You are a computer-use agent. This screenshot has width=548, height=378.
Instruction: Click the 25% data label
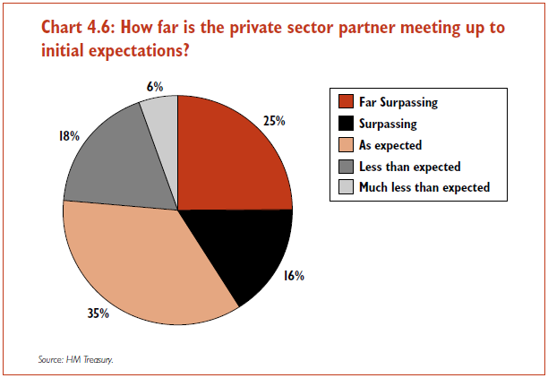[x=274, y=119]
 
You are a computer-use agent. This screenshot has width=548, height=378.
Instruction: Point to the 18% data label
[x=43, y=136]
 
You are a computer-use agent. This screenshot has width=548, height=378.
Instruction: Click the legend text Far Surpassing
[x=398, y=102]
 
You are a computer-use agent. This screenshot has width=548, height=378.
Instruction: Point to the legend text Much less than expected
[x=424, y=188]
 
